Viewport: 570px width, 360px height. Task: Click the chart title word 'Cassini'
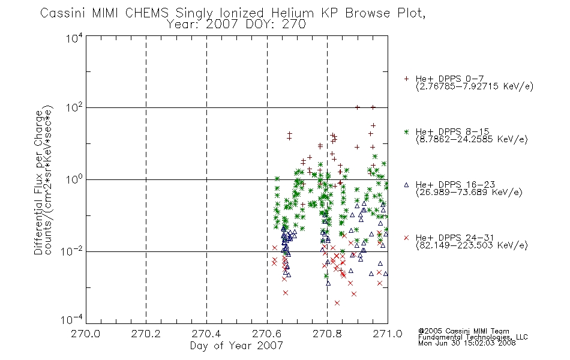point(62,13)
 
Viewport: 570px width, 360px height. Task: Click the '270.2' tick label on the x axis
point(146,334)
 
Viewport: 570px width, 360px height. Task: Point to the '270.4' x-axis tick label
point(206,334)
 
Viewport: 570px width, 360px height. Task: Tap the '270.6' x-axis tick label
point(267,334)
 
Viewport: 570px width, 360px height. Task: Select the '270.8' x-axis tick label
point(327,334)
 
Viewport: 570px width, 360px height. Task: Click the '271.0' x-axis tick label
point(388,334)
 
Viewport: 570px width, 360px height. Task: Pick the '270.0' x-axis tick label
point(85,334)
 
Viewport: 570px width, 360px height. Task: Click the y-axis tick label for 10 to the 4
point(74,38)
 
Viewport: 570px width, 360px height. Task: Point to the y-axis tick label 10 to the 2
point(74,107)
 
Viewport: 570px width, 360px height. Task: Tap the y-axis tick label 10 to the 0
point(74,179)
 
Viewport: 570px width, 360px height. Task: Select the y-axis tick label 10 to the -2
point(72,251)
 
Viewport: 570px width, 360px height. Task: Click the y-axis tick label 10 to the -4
point(72,320)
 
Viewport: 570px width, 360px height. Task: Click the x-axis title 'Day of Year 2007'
point(236,346)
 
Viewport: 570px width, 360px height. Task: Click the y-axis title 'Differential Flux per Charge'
point(38,183)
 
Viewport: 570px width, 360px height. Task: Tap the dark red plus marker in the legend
point(406,79)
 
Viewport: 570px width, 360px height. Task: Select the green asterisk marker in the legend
point(406,131)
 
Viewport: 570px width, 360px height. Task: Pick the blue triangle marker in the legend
point(406,185)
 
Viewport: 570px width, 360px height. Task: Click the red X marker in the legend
point(406,238)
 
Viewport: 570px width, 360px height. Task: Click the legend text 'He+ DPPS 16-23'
point(455,185)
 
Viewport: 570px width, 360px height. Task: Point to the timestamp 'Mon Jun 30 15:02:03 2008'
point(467,343)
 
